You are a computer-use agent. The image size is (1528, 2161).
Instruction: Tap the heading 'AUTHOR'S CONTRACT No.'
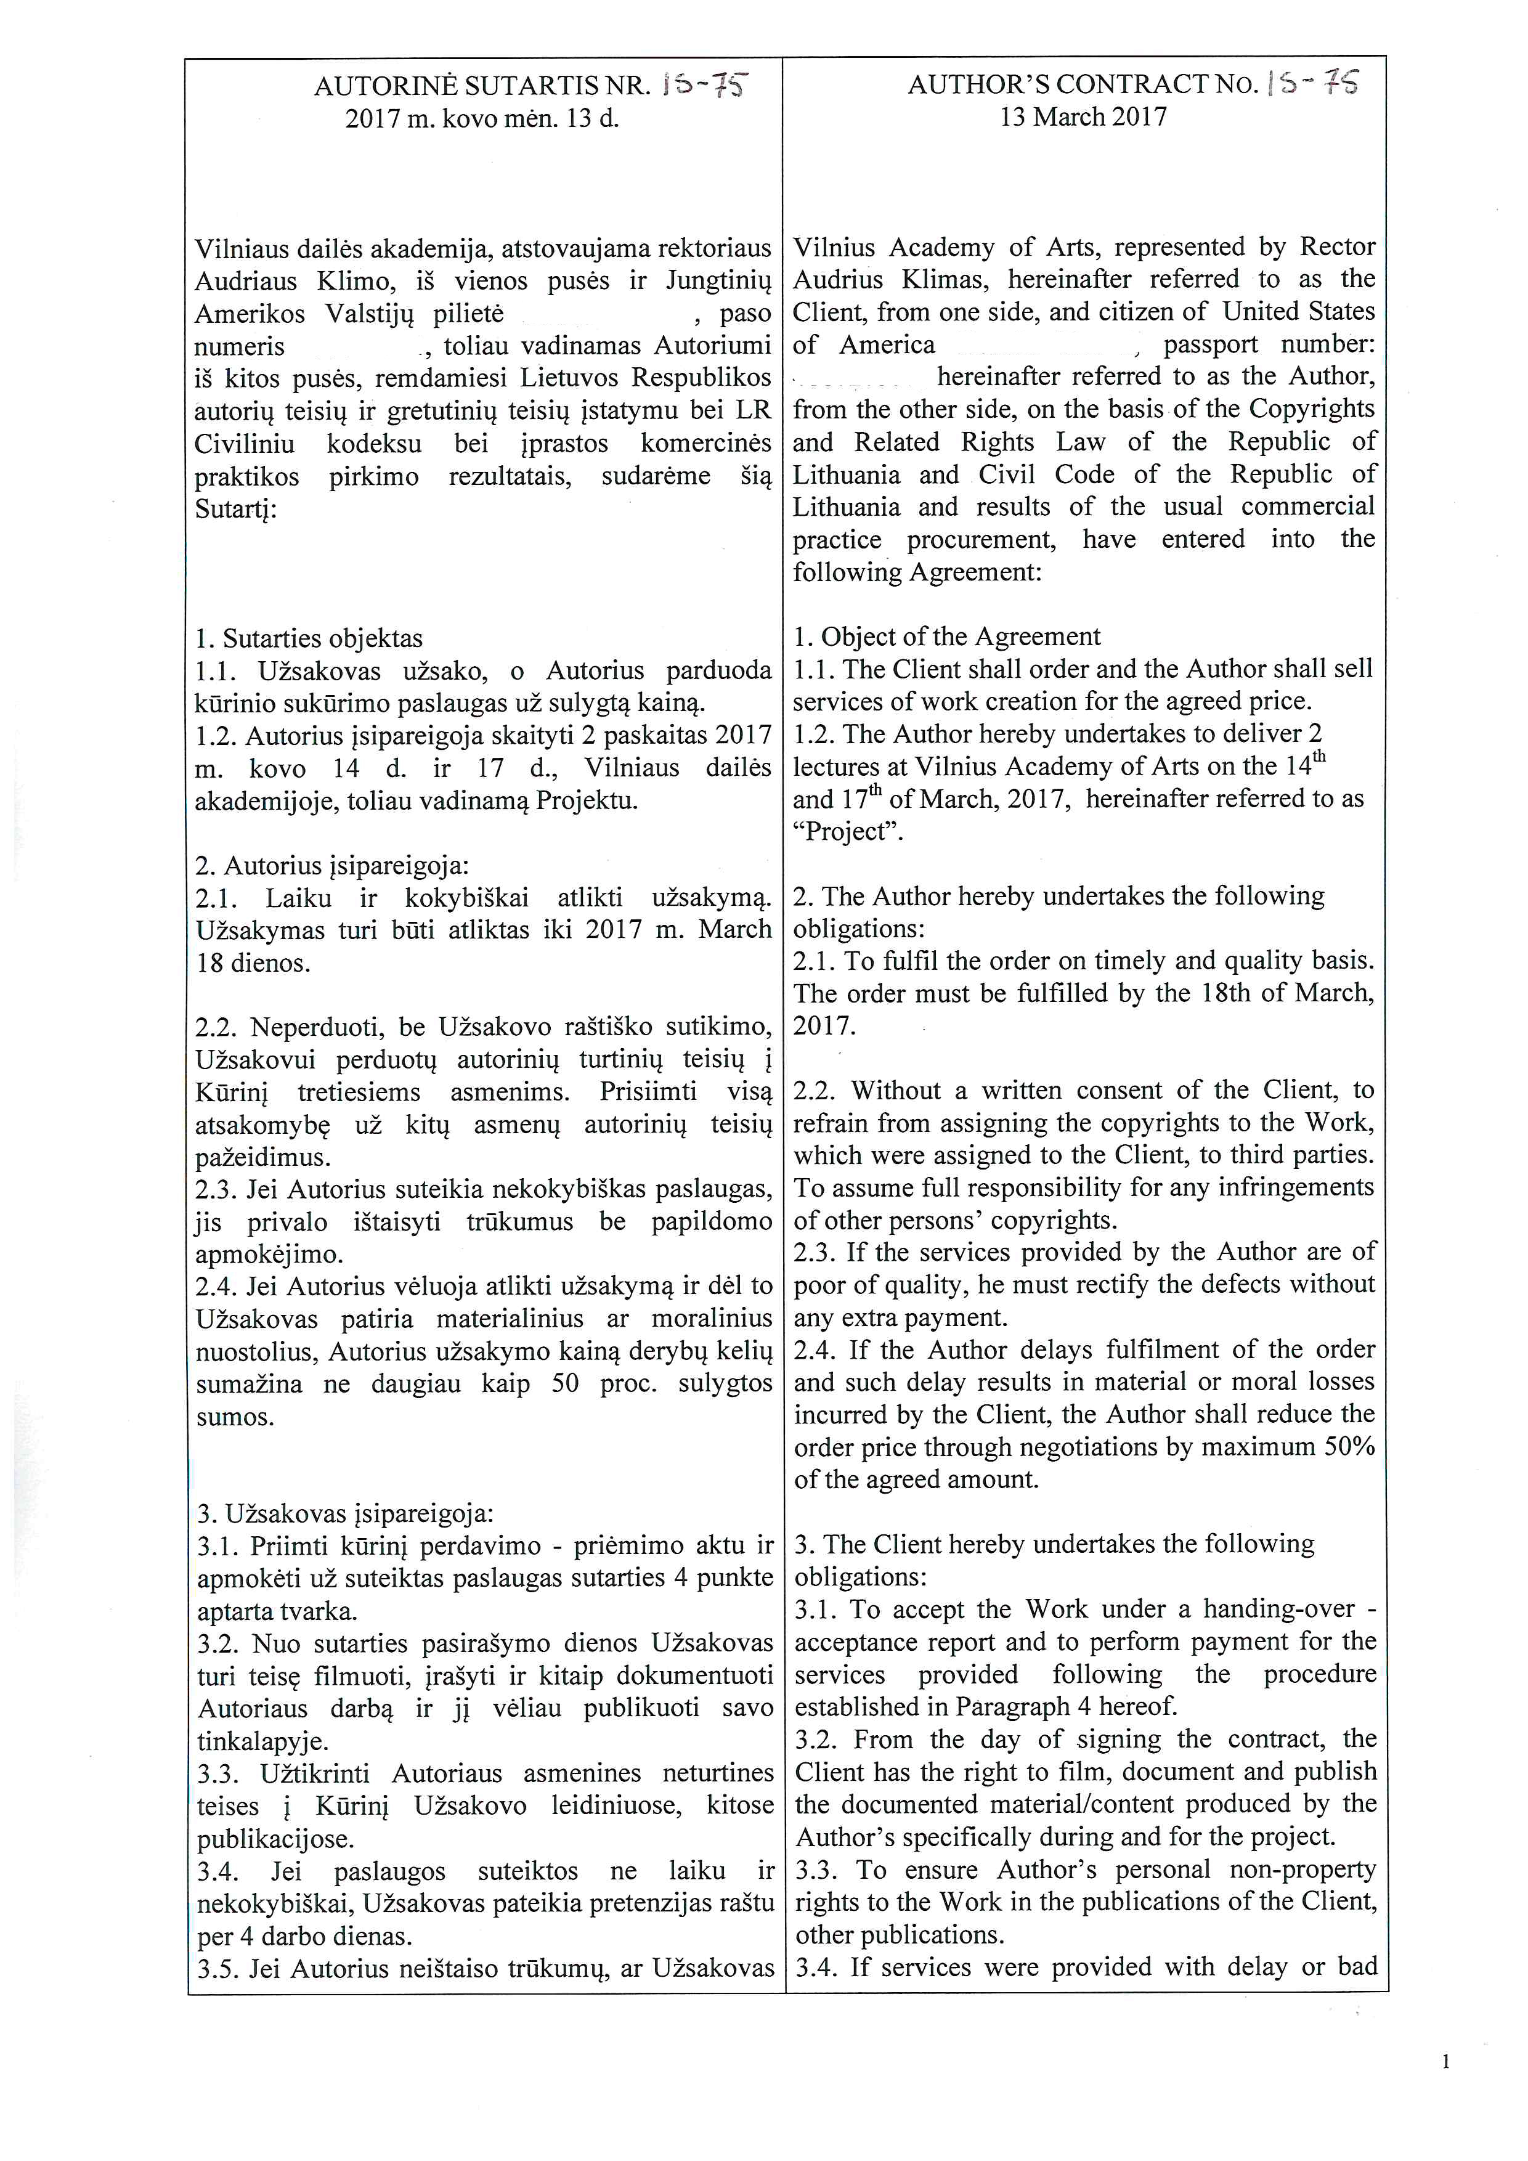1082,84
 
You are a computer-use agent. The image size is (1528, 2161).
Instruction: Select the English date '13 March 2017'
1083,118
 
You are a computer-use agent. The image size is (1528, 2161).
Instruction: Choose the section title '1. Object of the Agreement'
946,637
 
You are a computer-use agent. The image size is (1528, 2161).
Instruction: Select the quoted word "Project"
848,832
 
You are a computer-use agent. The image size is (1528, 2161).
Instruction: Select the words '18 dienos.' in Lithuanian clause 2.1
253,964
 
